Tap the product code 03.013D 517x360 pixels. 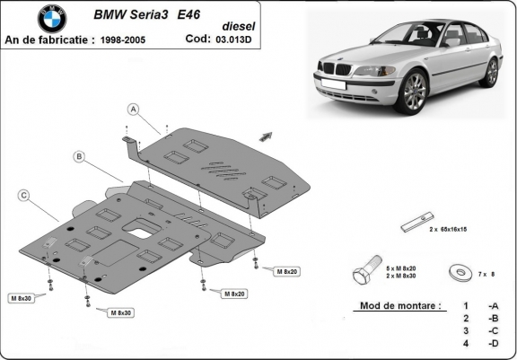pyautogui.click(x=236, y=40)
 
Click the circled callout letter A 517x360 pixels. pyautogui.click(x=133, y=110)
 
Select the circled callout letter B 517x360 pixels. pyautogui.click(x=79, y=157)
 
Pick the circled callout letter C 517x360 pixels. pyautogui.click(x=23, y=195)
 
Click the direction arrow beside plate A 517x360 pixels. pyautogui.click(x=266, y=136)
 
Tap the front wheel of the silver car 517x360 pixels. pyautogui.click(x=413, y=92)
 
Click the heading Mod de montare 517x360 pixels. pyautogui.click(x=399, y=305)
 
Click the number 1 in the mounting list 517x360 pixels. pyautogui.click(x=466, y=306)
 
